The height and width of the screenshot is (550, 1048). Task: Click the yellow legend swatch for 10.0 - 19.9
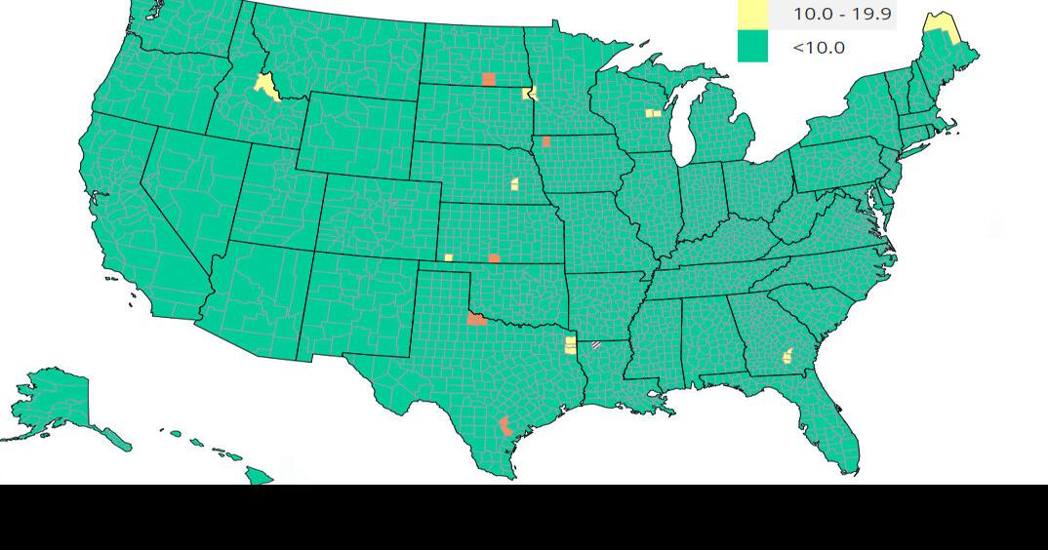[x=752, y=14]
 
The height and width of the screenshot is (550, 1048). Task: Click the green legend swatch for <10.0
[x=752, y=47]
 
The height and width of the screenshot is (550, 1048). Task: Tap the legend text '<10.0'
[x=819, y=47]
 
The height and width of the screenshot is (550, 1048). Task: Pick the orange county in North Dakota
[x=489, y=79]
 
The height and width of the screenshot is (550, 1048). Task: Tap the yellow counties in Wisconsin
[x=652, y=113]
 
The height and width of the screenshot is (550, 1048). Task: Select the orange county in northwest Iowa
[x=545, y=141]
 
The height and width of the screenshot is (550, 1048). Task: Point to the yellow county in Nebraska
[x=514, y=183]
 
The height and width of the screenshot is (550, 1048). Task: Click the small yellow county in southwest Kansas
[x=448, y=257]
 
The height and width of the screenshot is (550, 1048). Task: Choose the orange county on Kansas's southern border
[x=494, y=258]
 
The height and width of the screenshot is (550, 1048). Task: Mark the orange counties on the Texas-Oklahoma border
[x=476, y=318]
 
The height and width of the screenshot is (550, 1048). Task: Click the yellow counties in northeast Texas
[x=570, y=345]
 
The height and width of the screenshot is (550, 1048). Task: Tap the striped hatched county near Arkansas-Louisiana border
[x=595, y=344]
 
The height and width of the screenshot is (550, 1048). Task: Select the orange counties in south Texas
[x=505, y=426]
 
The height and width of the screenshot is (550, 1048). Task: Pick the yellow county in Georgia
[x=786, y=357]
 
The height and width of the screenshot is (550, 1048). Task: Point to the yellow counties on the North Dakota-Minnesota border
[x=530, y=94]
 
